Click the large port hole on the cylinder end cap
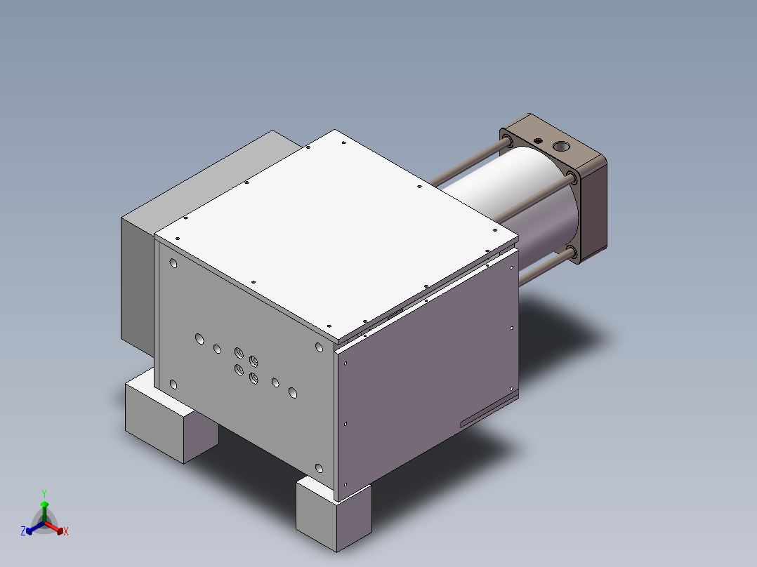click(562, 147)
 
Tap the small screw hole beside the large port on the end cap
click(539, 140)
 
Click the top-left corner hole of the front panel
click(173, 264)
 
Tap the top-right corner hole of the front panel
click(319, 347)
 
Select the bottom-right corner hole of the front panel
click(319, 468)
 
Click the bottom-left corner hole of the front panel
click(173, 384)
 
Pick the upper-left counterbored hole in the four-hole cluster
click(239, 352)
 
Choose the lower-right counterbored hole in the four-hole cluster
click(254, 379)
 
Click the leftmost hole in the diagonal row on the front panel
click(199, 339)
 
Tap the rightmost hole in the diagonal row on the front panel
click(293, 394)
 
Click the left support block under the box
click(169, 421)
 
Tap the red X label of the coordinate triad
click(66, 532)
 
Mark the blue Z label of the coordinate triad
click(23, 532)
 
